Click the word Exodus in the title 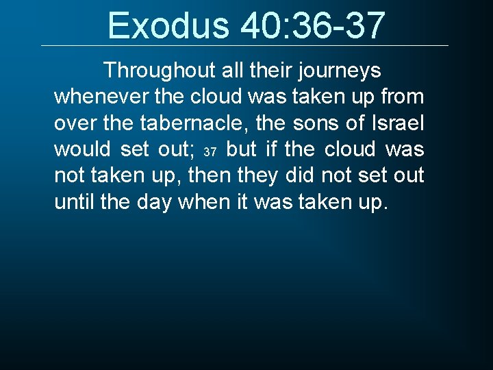point(167,25)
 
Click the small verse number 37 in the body point(211,151)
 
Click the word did point(300,175)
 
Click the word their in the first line point(255,71)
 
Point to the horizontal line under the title point(244,46)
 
